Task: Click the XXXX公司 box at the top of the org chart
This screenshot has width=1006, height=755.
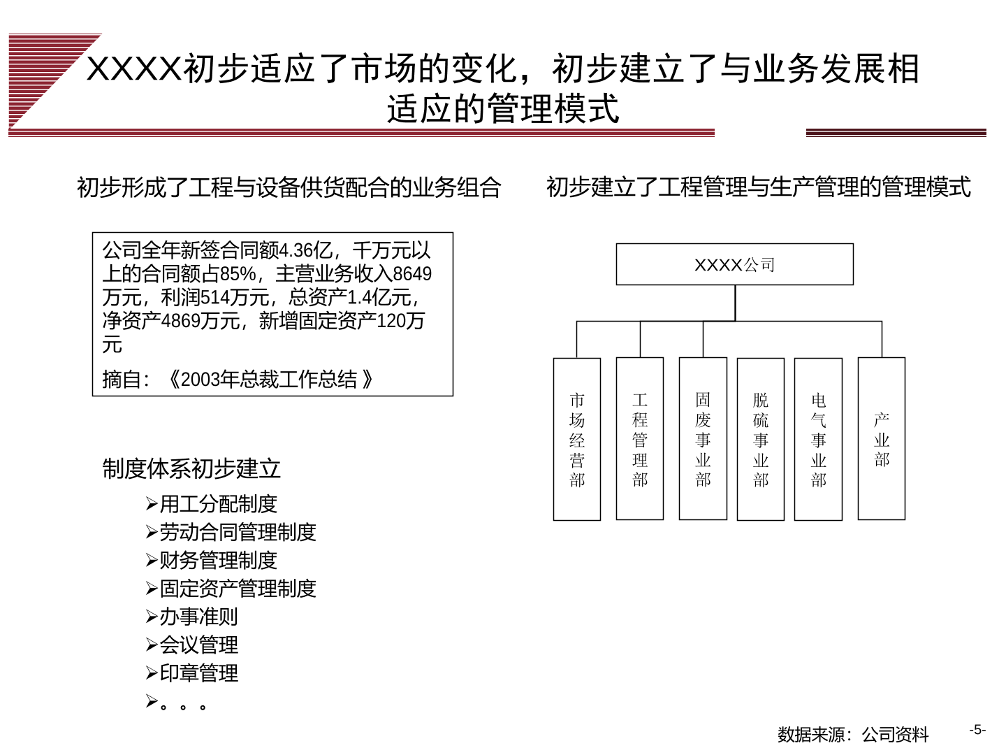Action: [734, 264]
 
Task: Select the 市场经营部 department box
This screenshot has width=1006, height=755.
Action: [576, 439]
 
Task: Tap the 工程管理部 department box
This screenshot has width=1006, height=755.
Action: [639, 438]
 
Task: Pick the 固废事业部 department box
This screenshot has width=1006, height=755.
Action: [703, 438]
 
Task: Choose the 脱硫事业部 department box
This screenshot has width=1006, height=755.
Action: [760, 439]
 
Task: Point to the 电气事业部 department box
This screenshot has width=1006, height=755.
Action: [818, 439]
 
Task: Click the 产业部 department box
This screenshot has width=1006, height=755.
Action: [882, 438]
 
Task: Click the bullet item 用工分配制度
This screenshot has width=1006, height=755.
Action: [212, 504]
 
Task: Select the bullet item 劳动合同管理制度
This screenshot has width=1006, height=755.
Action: [231, 532]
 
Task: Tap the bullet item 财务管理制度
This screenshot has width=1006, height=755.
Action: [212, 560]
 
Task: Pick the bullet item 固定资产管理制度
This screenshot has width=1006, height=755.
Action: [231, 588]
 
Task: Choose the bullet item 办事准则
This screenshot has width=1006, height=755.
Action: [192, 617]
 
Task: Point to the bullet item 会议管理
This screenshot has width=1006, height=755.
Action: [192, 645]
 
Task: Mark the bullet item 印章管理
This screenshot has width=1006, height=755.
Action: [192, 673]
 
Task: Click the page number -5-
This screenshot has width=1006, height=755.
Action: [977, 729]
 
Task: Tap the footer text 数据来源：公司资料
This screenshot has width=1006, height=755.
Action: [853, 734]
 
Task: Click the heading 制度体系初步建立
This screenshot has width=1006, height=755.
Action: [191, 468]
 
